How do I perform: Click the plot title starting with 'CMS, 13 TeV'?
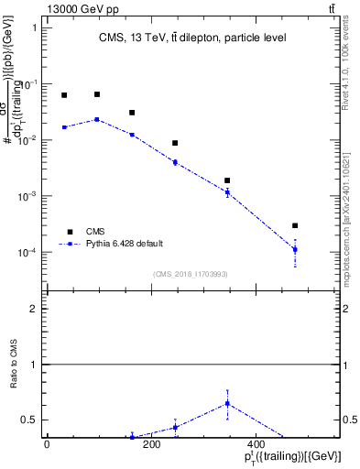(x=192, y=38)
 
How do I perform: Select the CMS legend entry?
(x=96, y=232)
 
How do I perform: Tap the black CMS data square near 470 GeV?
(x=295, y=225)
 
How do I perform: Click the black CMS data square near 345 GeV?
(x=227, y=180)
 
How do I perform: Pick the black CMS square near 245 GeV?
(x=175, y=143)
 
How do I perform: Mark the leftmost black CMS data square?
(x=64, y=95)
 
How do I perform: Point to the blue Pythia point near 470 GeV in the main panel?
(x=295, y=249)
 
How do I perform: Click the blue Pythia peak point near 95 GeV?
(x=97, y=119)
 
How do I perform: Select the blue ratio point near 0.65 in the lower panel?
(x=227, y=403)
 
